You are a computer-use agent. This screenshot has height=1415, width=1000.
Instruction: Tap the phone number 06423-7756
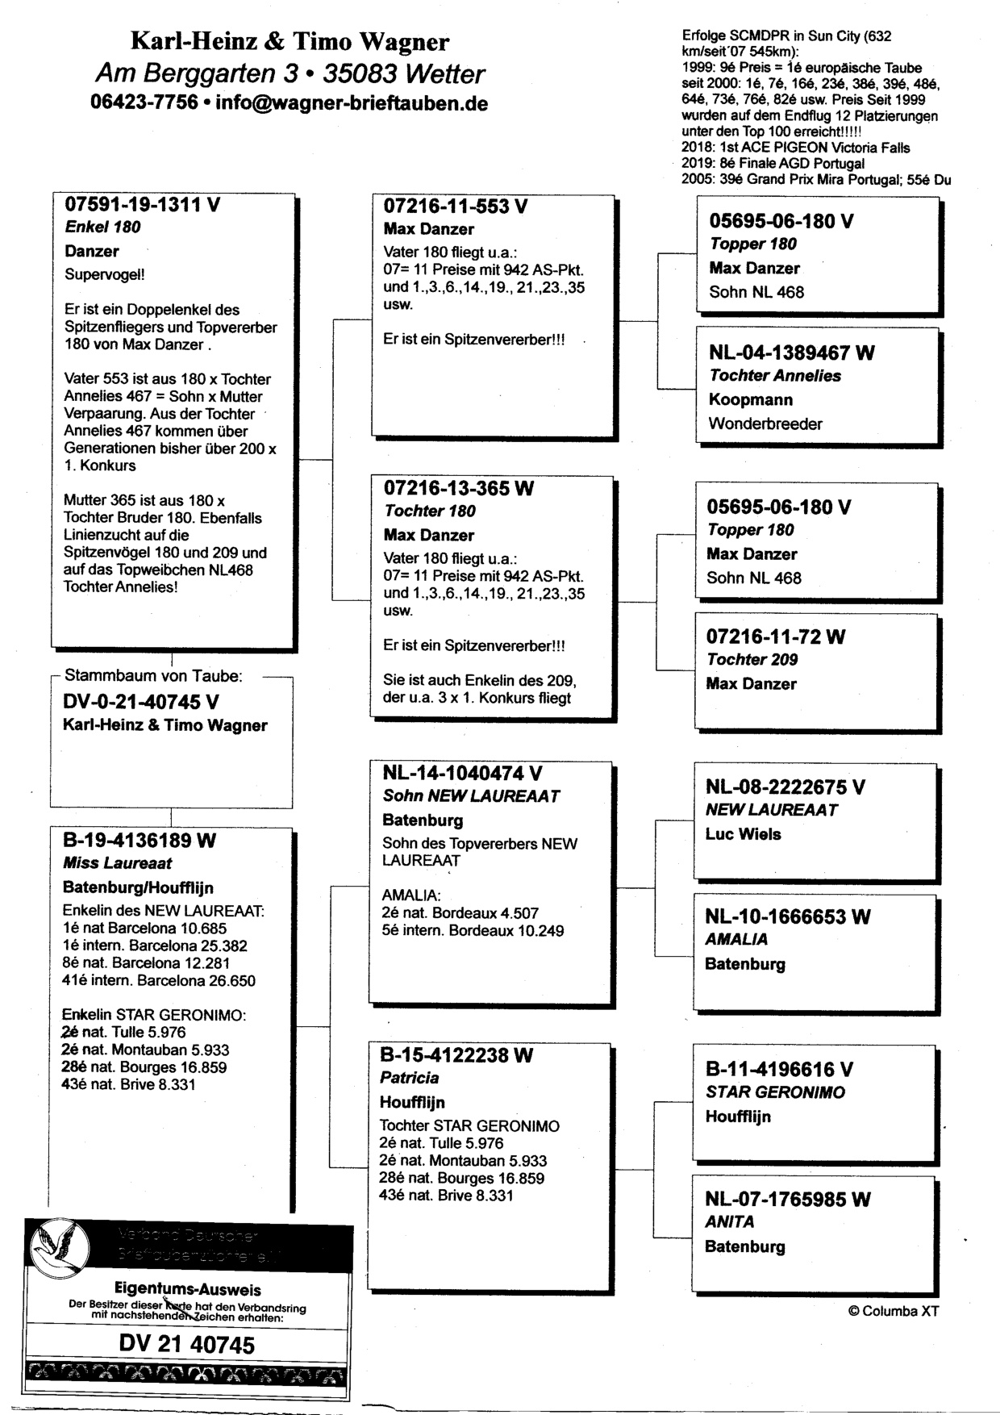point(144,103)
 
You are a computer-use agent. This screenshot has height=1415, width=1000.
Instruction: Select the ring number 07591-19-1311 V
point(143,204)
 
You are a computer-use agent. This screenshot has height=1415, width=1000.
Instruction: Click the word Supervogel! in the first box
point(105,274)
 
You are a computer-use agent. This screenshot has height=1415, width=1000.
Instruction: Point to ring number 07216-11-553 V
point(456,207)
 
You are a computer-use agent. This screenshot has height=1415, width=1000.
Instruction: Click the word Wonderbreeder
point(765,424)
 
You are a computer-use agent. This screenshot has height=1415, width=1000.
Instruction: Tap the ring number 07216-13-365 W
point(458,488)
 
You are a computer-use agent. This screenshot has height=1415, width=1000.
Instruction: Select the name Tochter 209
point(752,660)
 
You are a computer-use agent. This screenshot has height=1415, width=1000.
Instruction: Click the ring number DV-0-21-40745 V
point(140,702)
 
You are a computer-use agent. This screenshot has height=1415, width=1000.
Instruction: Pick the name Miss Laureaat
point(118,863)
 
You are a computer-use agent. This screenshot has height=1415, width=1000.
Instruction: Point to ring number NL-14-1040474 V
point(462,774)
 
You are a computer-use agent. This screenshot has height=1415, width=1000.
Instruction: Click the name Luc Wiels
point(743,834)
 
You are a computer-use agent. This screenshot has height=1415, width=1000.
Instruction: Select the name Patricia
point(410,1078)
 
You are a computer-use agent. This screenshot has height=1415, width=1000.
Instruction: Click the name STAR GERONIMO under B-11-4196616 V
point(775,1092)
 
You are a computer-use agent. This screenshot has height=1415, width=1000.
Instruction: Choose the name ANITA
point(730,1222)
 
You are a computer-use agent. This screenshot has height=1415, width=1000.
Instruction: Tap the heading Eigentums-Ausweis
point(186,1289)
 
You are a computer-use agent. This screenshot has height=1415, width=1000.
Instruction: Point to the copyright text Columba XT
point(894,1311)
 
